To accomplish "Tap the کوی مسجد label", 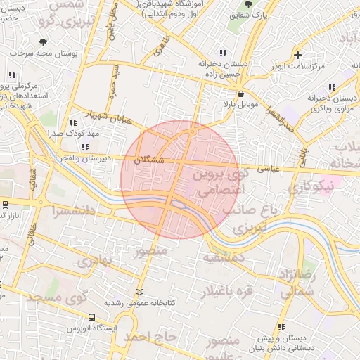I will click(56, 297).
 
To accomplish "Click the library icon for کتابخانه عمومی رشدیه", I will click(139, 291).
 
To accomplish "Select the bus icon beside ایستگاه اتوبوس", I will click(92, 317).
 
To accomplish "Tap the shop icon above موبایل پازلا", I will click(241, 93).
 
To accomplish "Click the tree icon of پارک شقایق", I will click(247, 5).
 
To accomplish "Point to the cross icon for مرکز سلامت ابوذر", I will click(298, 55).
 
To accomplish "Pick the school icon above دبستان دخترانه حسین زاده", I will click(224, 53).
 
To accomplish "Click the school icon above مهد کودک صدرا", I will click(73, 122).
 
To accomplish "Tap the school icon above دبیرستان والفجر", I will click(85, 147).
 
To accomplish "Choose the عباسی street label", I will click(269, 168).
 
